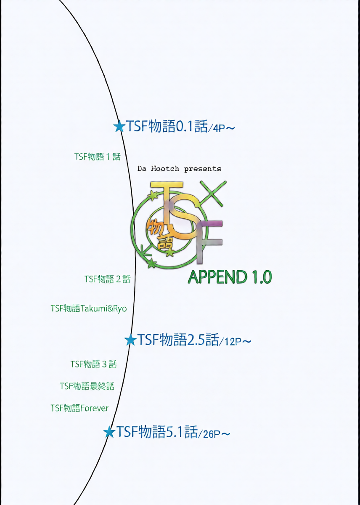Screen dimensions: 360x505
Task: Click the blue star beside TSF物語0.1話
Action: (119, 127)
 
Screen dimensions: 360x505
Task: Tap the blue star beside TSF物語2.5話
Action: (130, 340)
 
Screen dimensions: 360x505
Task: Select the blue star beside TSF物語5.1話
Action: (109, 432)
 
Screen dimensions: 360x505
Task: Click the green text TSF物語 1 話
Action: (97, 157)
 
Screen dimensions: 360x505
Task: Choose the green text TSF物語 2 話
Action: (108, 279)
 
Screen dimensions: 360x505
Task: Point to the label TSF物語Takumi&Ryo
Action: (89, 308)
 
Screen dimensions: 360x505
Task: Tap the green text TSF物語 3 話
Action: (93, 364)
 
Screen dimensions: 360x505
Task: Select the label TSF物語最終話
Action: (87, 386)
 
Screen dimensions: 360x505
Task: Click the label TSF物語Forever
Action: (79, 408)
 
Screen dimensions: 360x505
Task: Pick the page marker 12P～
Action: (236, 342)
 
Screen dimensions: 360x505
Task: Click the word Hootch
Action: (165, 169)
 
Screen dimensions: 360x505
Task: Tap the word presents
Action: (203, 169)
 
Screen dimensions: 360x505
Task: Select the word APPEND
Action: (217, 277)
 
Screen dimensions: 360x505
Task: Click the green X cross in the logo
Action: (213, 193)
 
